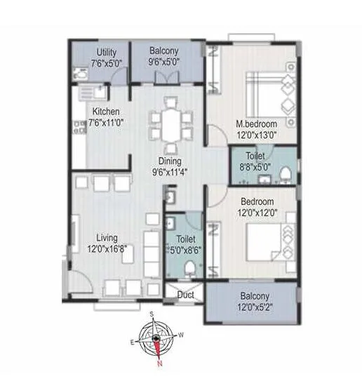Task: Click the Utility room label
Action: [106, 53]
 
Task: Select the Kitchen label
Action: [106, 111]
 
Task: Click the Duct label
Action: [185, 295]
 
